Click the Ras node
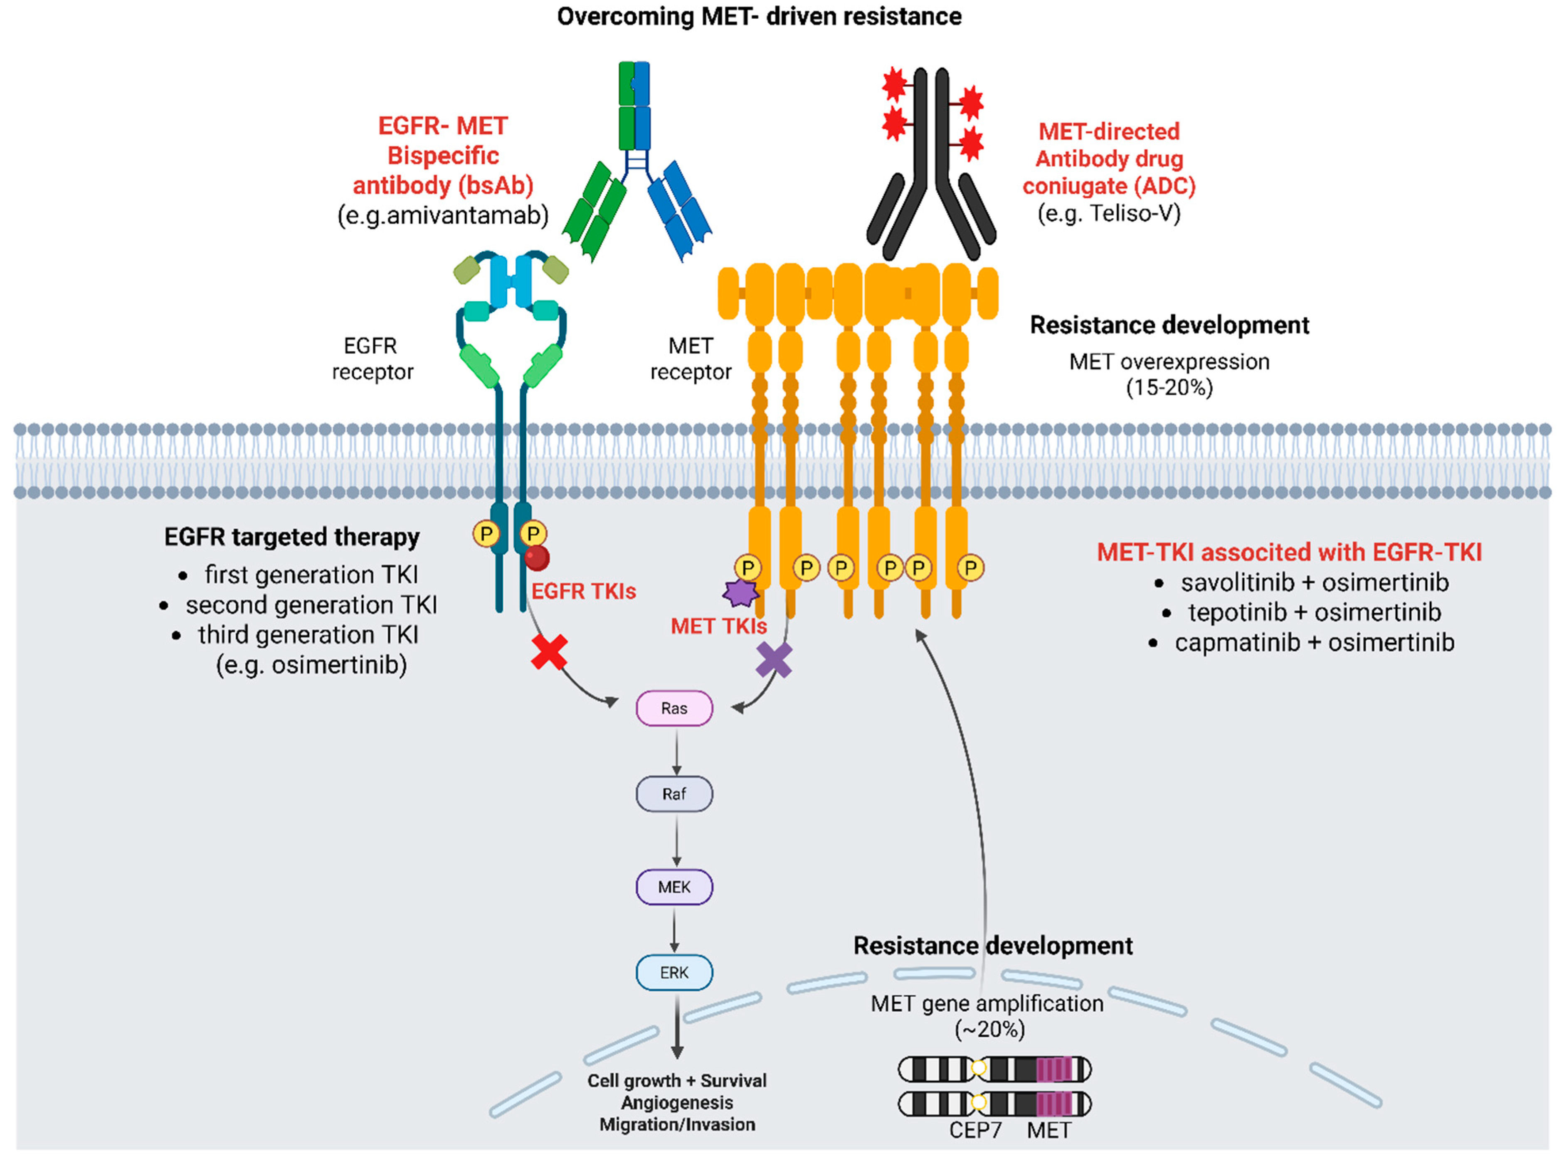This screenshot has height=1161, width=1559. pos(673,708)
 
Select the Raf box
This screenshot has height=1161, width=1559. pos(673,794)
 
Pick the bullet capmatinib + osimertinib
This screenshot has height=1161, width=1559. pos(1313,642)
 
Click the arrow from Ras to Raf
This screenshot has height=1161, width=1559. pos(676,751)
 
